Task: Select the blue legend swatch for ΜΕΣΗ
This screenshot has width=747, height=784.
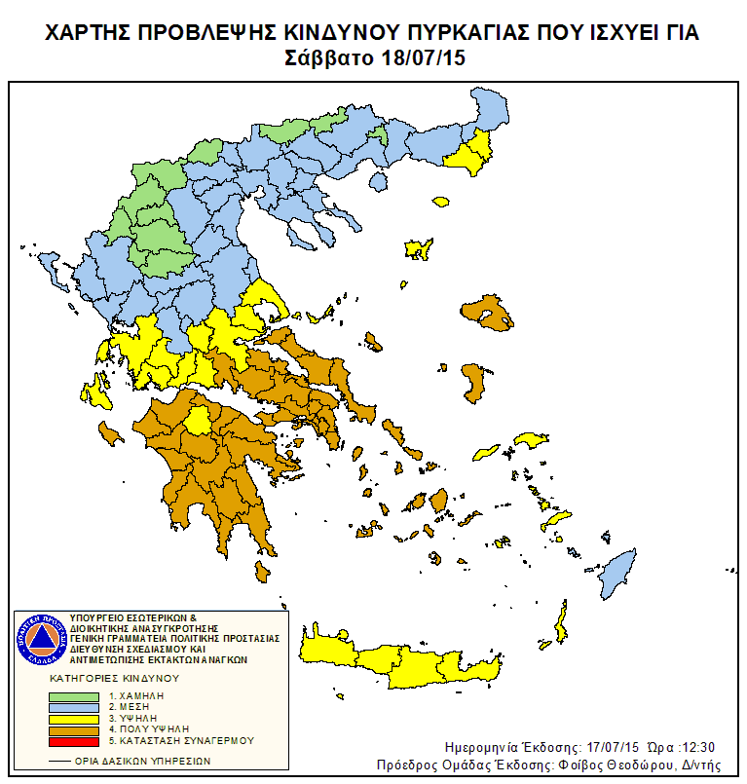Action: pyautogui.click(x=74, y=708)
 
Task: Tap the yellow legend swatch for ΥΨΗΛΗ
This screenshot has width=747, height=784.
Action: pyautogui.click(x=74, y=719)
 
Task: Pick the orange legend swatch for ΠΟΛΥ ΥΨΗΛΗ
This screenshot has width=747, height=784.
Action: pyautogui.click(x=74, y=729)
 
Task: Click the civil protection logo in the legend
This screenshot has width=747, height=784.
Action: pyautogui.click(x=40, y=638)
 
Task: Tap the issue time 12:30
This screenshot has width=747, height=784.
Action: pyautogui.click(x=696, y=747)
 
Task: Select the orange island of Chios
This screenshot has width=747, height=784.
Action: pyautogui.click(x=474, y=382)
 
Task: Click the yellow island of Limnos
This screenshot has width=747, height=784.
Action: pyautogui.click(x=420, y=249)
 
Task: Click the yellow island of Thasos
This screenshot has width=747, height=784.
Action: pyautogui.click(x=378, y=181)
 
